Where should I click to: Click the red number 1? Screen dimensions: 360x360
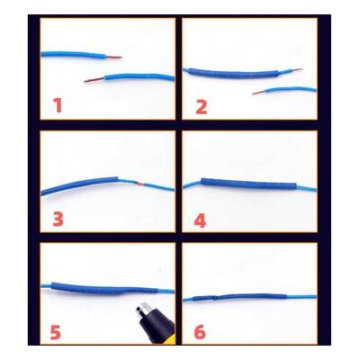coord(58,105)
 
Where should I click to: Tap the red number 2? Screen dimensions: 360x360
coord(202,107)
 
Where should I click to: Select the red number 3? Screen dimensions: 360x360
coord(58,220)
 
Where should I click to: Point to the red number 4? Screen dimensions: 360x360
coord(201,221)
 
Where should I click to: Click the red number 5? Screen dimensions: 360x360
coord(56,332)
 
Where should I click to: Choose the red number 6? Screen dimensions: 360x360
coord(200,332)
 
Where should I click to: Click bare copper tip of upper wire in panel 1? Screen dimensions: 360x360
coord(113,57)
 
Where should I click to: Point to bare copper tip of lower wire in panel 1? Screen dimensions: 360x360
coord(94,80)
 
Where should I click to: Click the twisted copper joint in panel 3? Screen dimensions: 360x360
coord(139,184)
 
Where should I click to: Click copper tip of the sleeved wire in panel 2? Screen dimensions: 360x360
coord(297,70)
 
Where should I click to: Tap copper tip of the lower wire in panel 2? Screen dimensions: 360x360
coord(257,93)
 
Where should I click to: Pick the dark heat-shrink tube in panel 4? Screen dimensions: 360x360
coord(248,184)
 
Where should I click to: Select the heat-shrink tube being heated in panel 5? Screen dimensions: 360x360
coord(104,288)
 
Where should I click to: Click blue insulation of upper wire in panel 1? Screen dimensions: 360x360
coord(73,55)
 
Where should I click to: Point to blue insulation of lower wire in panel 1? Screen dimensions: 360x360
coord(139,77)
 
